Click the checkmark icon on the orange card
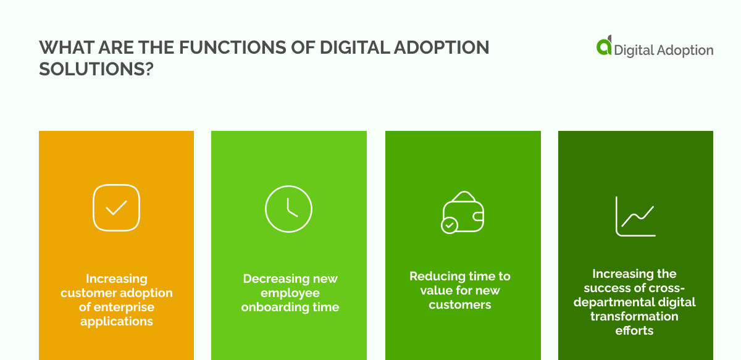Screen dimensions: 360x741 pos(116,207)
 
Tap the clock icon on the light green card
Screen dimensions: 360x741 pos(288,208)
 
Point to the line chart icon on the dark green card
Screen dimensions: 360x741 pos(635,216)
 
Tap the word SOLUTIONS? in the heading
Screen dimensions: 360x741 pos(96,69)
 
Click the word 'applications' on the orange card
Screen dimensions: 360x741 pos(117,321)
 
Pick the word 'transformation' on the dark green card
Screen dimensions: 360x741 pos(634,316)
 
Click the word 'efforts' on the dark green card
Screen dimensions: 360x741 pos(634,330)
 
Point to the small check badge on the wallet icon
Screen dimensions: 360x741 pos(449,225)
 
